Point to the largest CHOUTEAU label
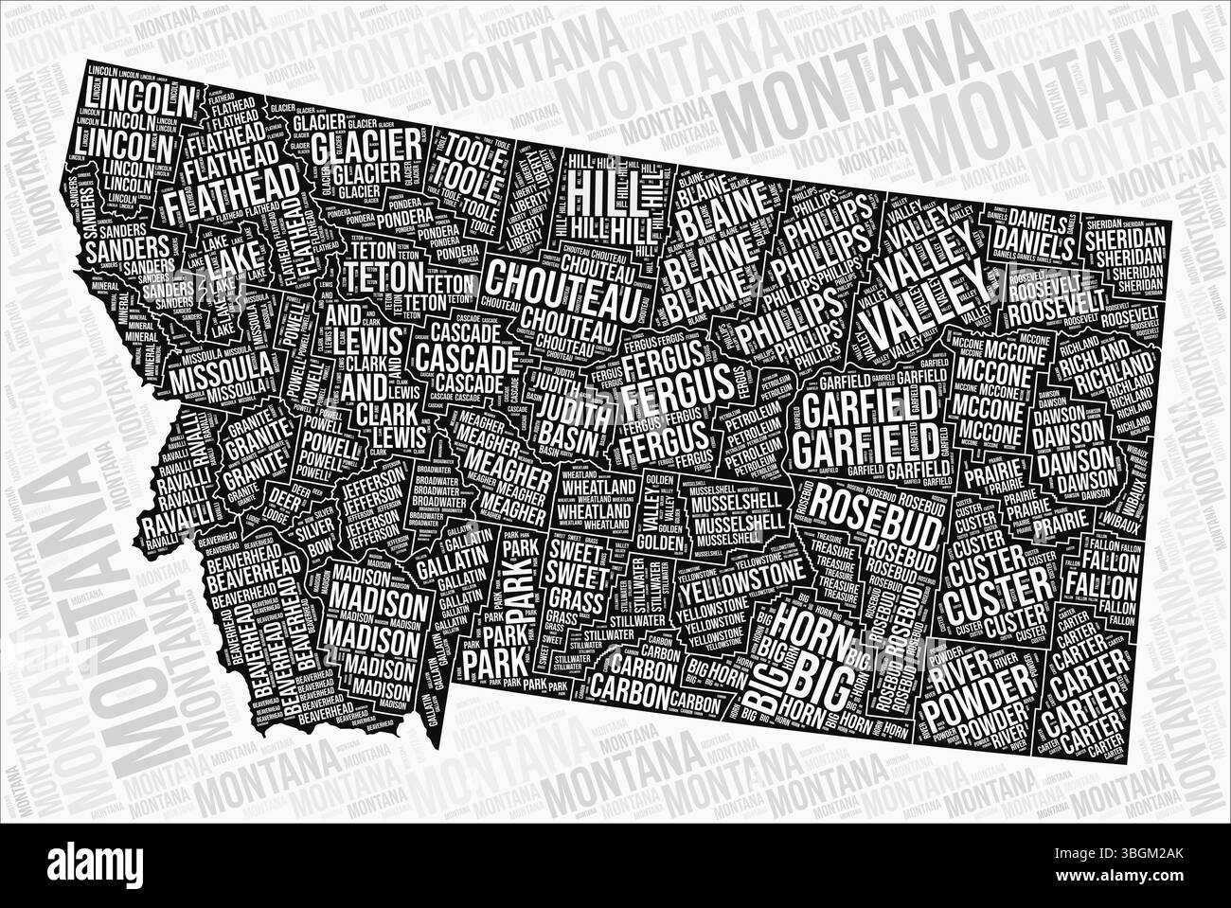click(549, 284)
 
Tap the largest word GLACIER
click(366, 146)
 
